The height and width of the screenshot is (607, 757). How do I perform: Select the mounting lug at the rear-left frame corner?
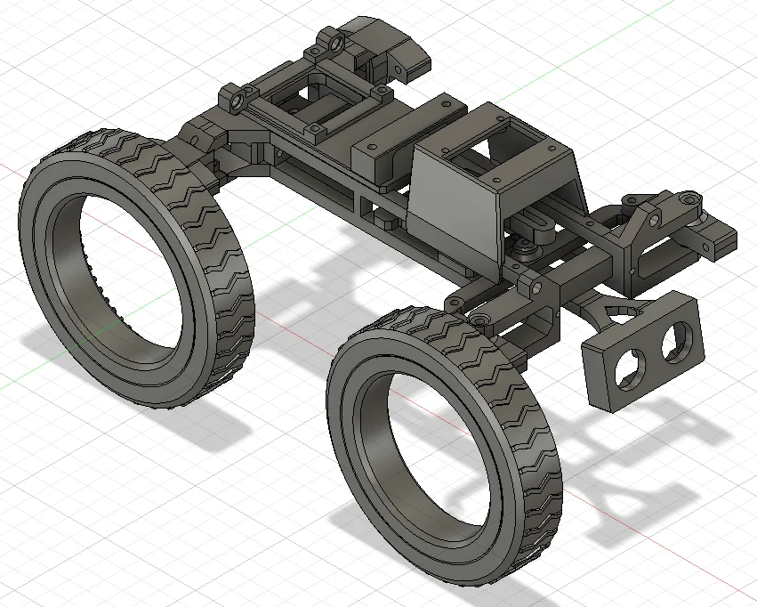(234, 97)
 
